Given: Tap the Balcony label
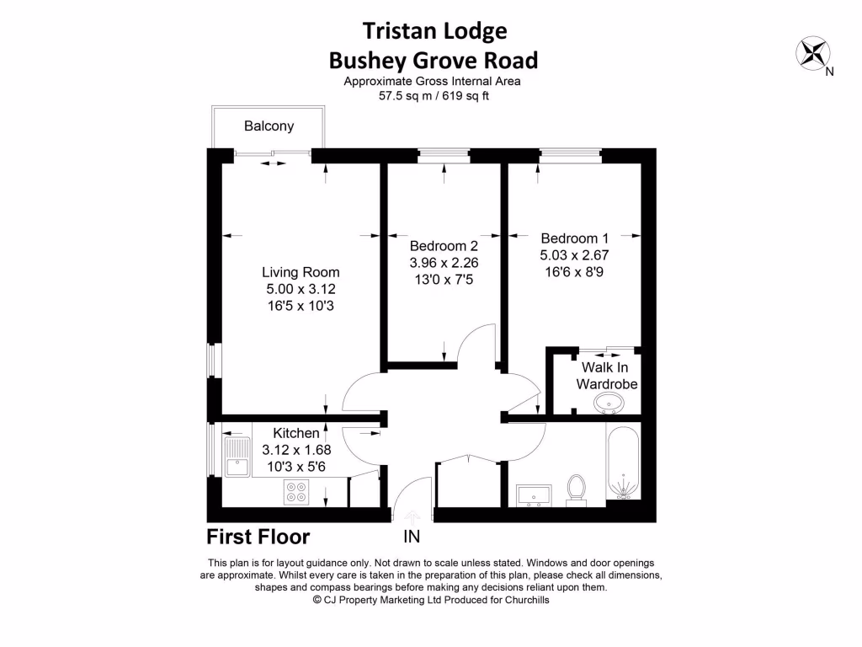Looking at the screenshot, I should (269, 126).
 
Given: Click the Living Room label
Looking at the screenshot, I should (301, 272).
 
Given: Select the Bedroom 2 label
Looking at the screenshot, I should (444, 246).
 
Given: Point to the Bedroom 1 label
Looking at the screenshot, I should (574, 238).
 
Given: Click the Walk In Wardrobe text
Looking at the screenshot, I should (606, 376).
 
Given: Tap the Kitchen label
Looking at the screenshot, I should (296, 433).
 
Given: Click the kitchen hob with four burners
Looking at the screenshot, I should (296, 491).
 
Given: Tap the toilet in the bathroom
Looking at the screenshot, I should (577, 489).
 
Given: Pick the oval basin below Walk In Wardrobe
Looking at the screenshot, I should (609, 405).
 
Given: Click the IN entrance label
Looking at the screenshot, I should (412, 537).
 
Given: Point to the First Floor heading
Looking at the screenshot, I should (258, 537).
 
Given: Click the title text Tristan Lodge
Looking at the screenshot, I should (434, 31).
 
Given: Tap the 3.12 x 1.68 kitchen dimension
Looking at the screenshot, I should (296, 449).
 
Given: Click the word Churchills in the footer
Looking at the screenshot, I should (522, 601).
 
